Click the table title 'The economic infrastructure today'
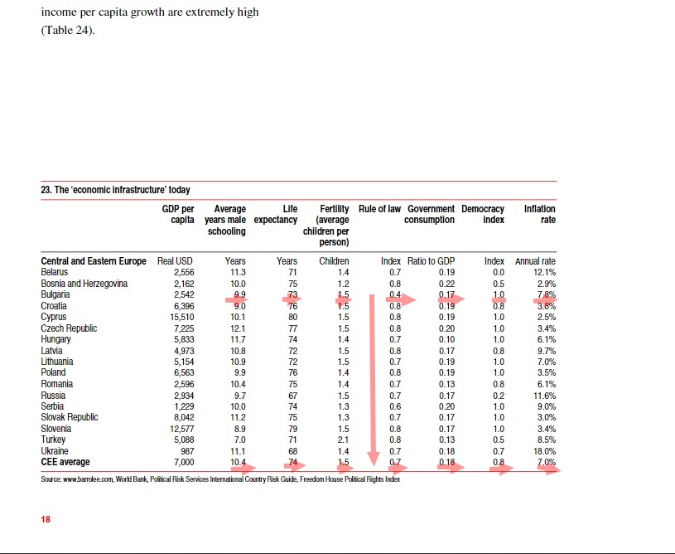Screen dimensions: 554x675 click(115, 190)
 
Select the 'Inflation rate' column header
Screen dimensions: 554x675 click(539, 214)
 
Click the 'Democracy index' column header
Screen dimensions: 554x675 click(483, 214)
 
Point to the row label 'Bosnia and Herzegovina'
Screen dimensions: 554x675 click(84, 284)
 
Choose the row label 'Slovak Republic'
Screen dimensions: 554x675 click(69, 417)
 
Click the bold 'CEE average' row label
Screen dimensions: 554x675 click(65, 462)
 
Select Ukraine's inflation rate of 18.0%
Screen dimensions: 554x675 click(543, 450)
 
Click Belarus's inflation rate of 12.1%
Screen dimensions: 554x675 click(543, 272)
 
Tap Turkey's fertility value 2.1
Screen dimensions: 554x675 click(343, 440)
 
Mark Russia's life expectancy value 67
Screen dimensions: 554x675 click(292, 395)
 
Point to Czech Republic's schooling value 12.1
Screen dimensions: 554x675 click(237, 328)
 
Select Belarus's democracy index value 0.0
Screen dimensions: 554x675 click(498, 272)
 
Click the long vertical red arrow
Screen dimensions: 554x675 click(373, 381)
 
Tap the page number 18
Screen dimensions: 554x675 click(46, 519)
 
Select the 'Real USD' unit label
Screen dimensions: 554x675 click(175, 261)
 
